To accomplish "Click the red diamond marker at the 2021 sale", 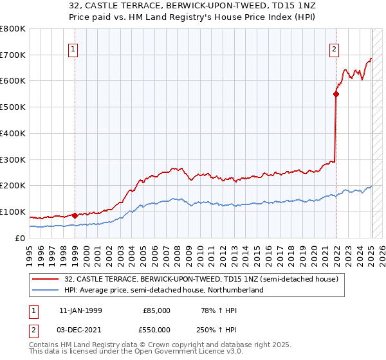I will point(336,94).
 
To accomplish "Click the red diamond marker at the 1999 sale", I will point(75,215).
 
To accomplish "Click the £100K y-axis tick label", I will point(13,212).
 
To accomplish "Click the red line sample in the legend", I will point(45,278).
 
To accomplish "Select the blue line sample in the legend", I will point(45,290).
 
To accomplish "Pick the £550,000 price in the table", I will point(156,329).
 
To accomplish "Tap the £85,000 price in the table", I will point(156,310).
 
